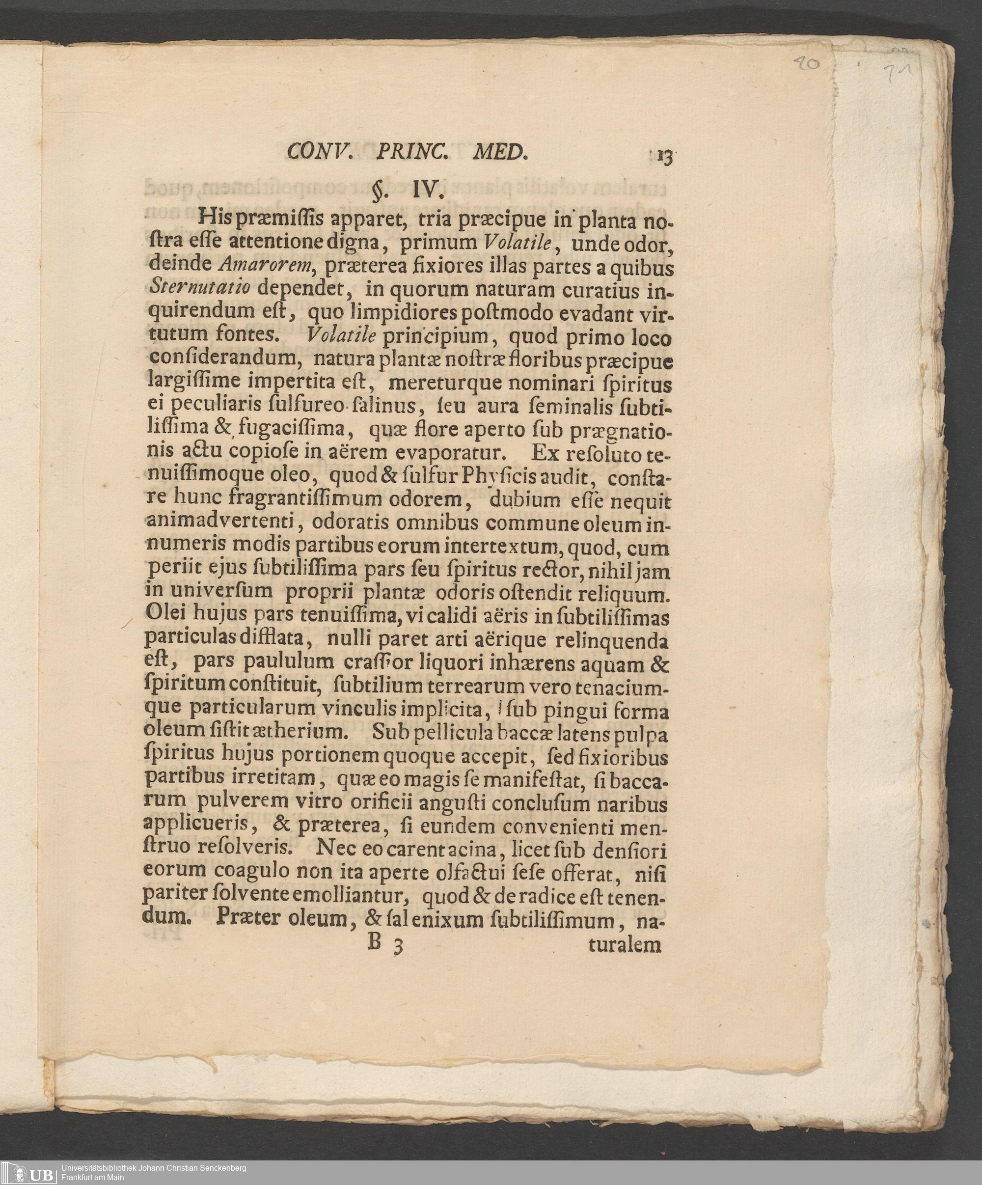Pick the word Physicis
[498, 477]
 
